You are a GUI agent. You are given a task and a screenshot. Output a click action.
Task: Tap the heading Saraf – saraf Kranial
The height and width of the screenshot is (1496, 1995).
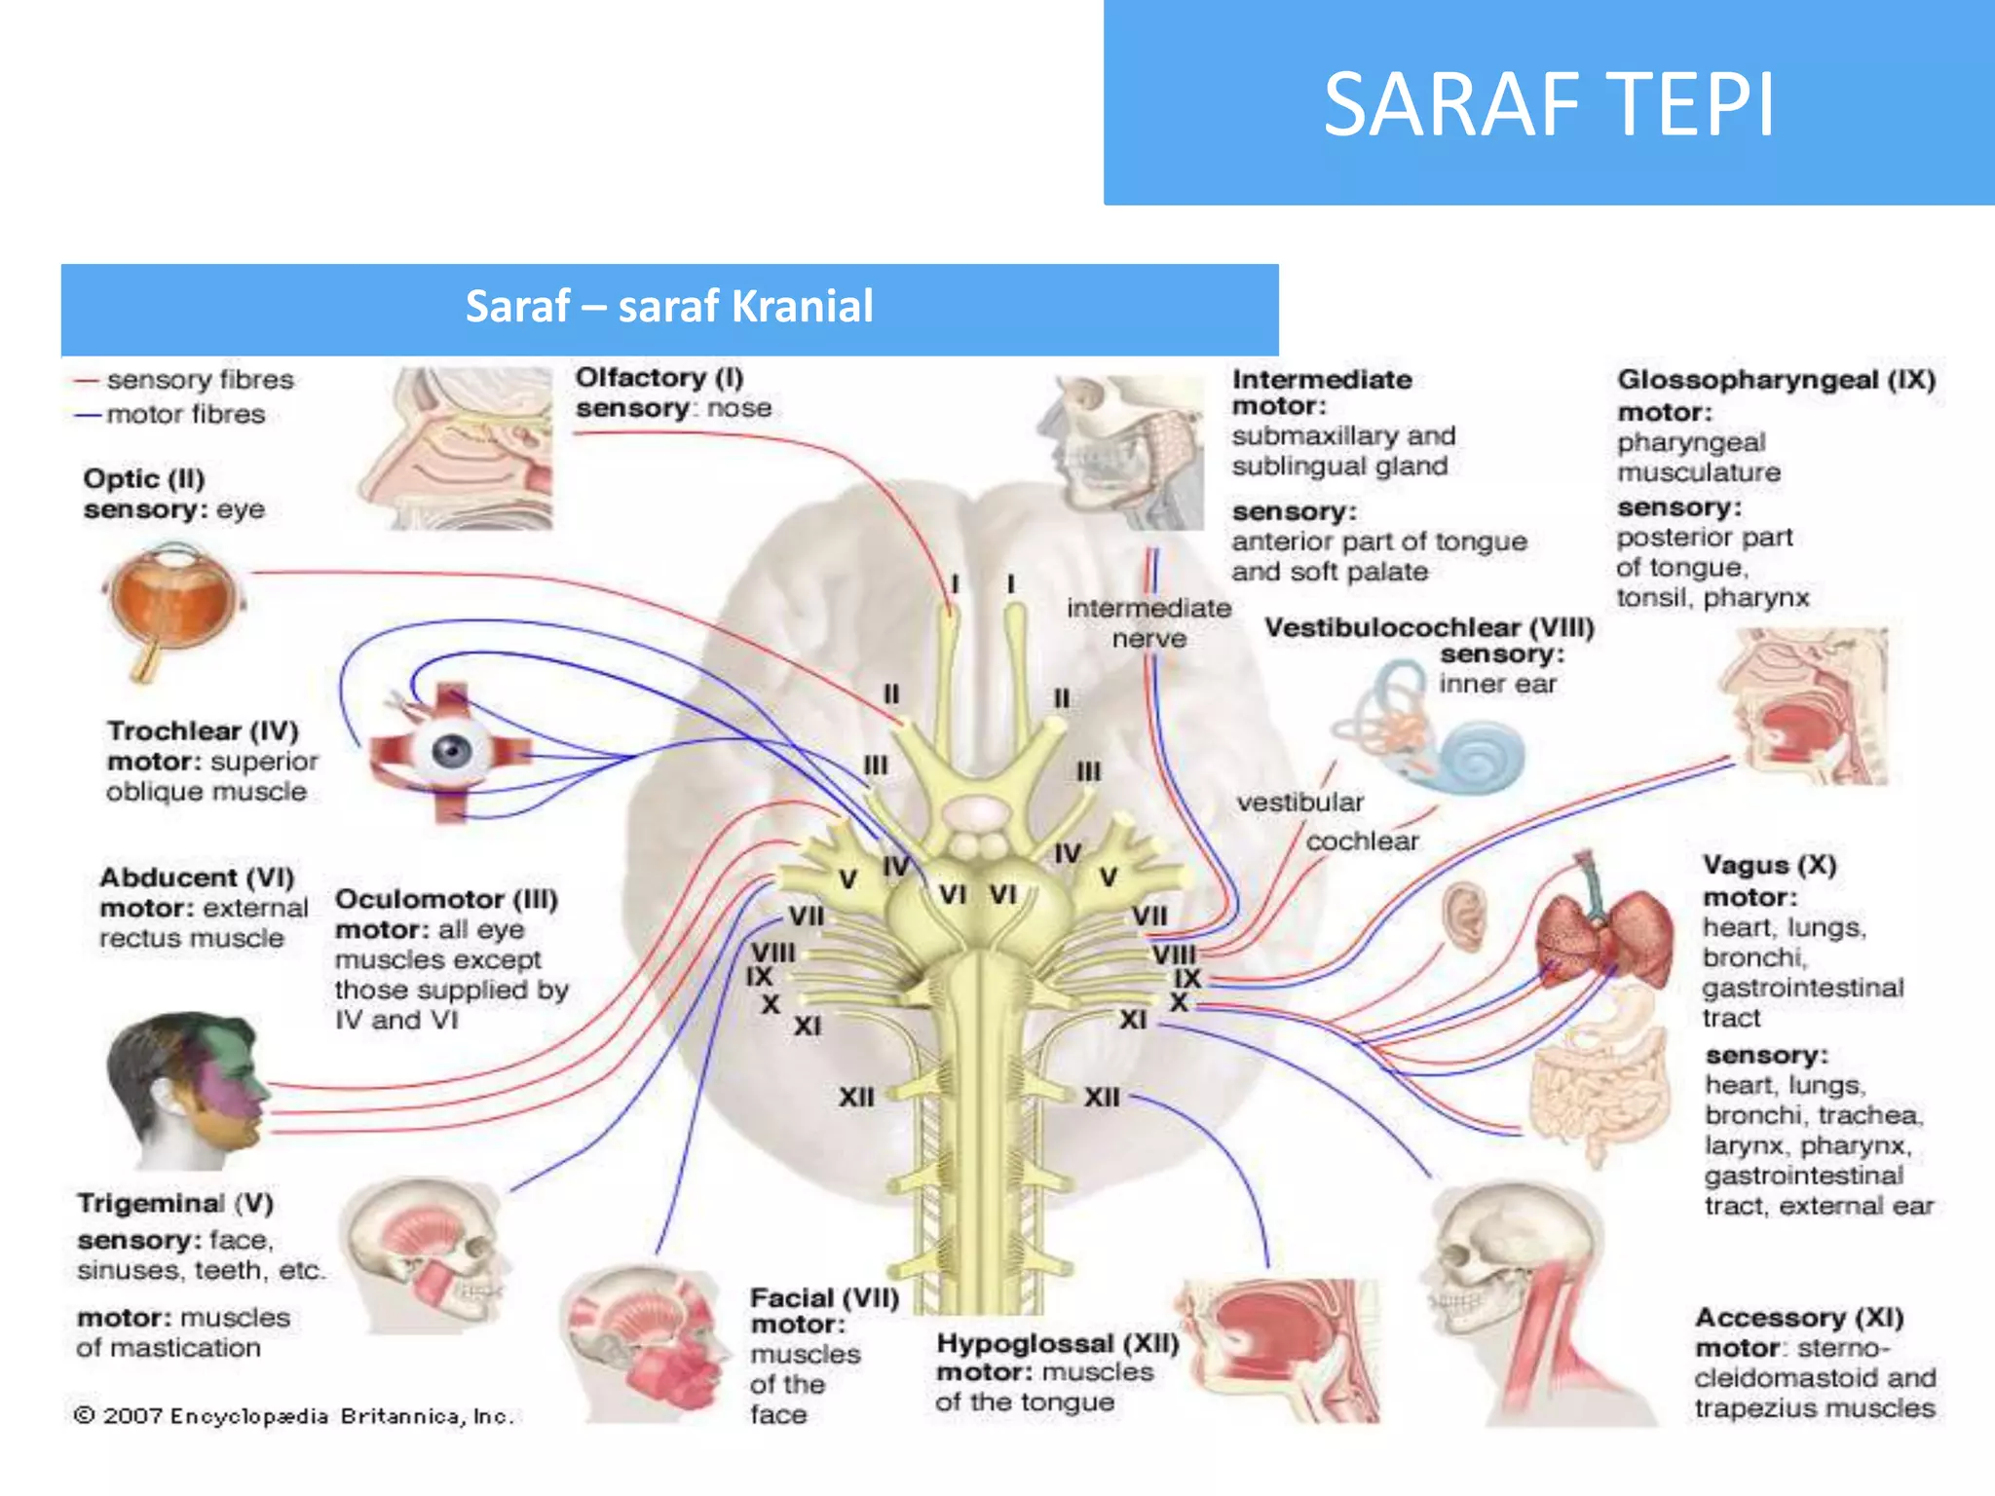click(669, 306)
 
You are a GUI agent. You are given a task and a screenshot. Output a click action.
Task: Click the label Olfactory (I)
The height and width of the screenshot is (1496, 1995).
click(659, 377)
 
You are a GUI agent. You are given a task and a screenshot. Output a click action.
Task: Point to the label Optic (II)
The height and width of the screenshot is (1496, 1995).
click(144, 479)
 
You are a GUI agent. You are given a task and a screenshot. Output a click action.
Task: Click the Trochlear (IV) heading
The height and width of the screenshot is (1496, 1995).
click(203, 730)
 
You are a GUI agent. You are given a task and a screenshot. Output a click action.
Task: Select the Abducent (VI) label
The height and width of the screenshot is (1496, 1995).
click(197, 878)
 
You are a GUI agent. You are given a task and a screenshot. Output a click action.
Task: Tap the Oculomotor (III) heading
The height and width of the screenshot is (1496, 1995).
click(446, 899)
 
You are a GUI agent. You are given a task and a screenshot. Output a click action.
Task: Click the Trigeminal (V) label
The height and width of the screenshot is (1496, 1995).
click(175, 1204)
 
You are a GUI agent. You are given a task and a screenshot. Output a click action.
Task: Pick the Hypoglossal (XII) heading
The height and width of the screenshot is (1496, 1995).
click(1058, 1344)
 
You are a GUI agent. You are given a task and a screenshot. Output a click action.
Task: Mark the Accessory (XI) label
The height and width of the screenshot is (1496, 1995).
click(1799, 1318)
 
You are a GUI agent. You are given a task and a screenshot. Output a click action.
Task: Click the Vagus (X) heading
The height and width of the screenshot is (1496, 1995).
click(1769, 865)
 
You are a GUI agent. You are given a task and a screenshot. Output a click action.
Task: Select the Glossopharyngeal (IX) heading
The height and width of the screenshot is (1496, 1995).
click(1777, 380)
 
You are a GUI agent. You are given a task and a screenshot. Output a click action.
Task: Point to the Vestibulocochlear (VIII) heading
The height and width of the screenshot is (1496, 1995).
click(1429, 628)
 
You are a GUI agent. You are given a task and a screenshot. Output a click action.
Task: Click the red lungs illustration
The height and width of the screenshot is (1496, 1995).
click(1603, 930)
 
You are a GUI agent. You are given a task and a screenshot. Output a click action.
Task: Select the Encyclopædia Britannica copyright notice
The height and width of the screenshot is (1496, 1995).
click(293, 1416)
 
